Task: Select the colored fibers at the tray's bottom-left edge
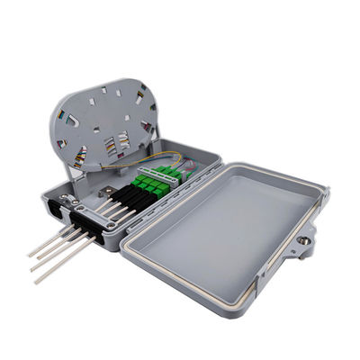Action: [x=78, y=158]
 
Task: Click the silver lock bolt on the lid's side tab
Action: [x=304, y=241]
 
